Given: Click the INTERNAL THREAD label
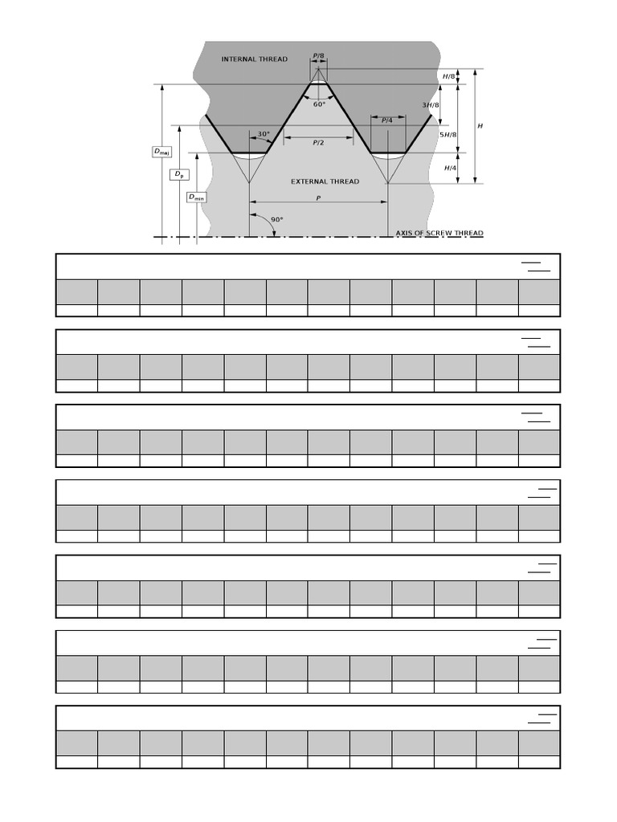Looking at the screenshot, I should pyautogui.click(x=254, y=59).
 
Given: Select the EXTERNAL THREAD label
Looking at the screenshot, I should pyautogui.click(x=325, y=181).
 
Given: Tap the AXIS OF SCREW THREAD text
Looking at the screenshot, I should pyautogui.click(x=439, y=234).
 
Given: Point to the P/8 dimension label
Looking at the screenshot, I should pyautogui.click(x=318, y=56).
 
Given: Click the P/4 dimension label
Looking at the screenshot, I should pyautogui.click(x=386, y=120).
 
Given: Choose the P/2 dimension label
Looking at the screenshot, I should pyautogui.click(x=318, y=142).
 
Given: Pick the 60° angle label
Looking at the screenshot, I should pyautogui.click(x=319, y=104).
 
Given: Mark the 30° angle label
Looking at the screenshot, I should pyautogui.click(x=264, y=134).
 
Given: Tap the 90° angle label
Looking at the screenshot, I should pyautogui.click(x=277, y=219).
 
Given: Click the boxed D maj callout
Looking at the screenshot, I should pyautogui.click(x=161, y=151).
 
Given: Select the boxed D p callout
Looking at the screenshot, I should pyautogui.click(x=179, y=174).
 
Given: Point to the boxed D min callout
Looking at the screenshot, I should pyautogui.click(x=196, y=197).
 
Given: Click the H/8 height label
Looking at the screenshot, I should pyautogui.click(x=448, y=76).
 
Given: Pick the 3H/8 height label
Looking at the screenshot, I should pyautogui.click(x=431, y=105).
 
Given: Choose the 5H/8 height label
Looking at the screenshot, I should pyautogui.click(x=448, y=135).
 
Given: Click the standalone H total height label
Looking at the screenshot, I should pyautogui.click(x=480, y=126).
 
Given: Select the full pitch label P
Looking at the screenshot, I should pyautogui.click(x=318, y=197).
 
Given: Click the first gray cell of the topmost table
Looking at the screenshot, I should pyautogui.click(x=77, y=291).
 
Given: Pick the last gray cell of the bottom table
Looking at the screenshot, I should pyautogui.click(x=539, y=743).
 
